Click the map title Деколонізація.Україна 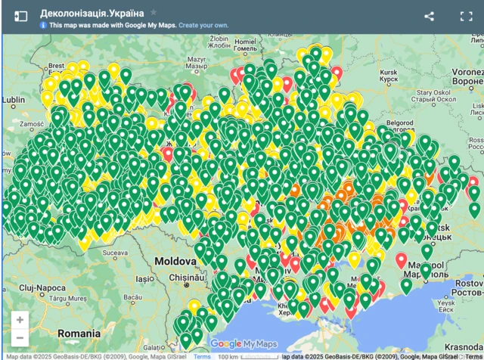tap(92, 14)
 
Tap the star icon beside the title tap(154, 13)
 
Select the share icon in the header tap(429, 16)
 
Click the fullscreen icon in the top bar tap(466, 16)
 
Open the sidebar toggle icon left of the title tap(21, 16)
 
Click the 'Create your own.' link tap(203, 25)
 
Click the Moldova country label tap(175, 260)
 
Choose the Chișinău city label tap(184, 277)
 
